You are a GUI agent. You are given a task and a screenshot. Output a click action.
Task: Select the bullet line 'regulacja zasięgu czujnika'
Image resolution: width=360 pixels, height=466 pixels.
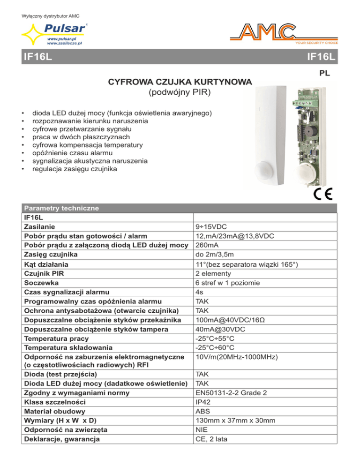coord(75,169)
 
